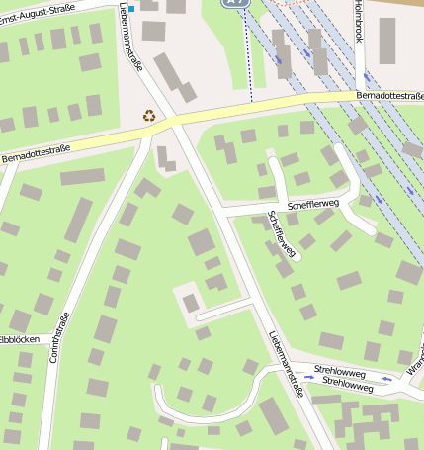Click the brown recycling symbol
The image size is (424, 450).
(149, 116)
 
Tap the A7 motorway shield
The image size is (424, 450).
(233, 3)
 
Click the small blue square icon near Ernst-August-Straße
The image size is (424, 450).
(131, 9)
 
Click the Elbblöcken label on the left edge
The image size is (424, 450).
(19, 339)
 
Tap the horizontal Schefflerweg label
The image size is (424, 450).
(313, 203)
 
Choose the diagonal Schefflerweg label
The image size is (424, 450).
(283, 234)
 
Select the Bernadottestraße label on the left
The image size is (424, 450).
(37, 152)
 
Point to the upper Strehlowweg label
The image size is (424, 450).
(340, 374)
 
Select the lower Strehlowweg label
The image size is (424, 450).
(347, 386)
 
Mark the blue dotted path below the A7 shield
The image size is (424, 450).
(248, 59)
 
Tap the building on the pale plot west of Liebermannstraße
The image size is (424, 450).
(191, 303)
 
